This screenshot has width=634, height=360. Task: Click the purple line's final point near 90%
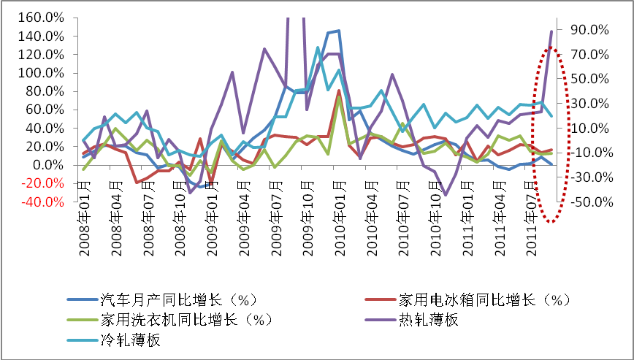pyautogui.click(x=551, y=31)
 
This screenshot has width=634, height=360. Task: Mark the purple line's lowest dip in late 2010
pyautogui.click(x=445, y=195)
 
